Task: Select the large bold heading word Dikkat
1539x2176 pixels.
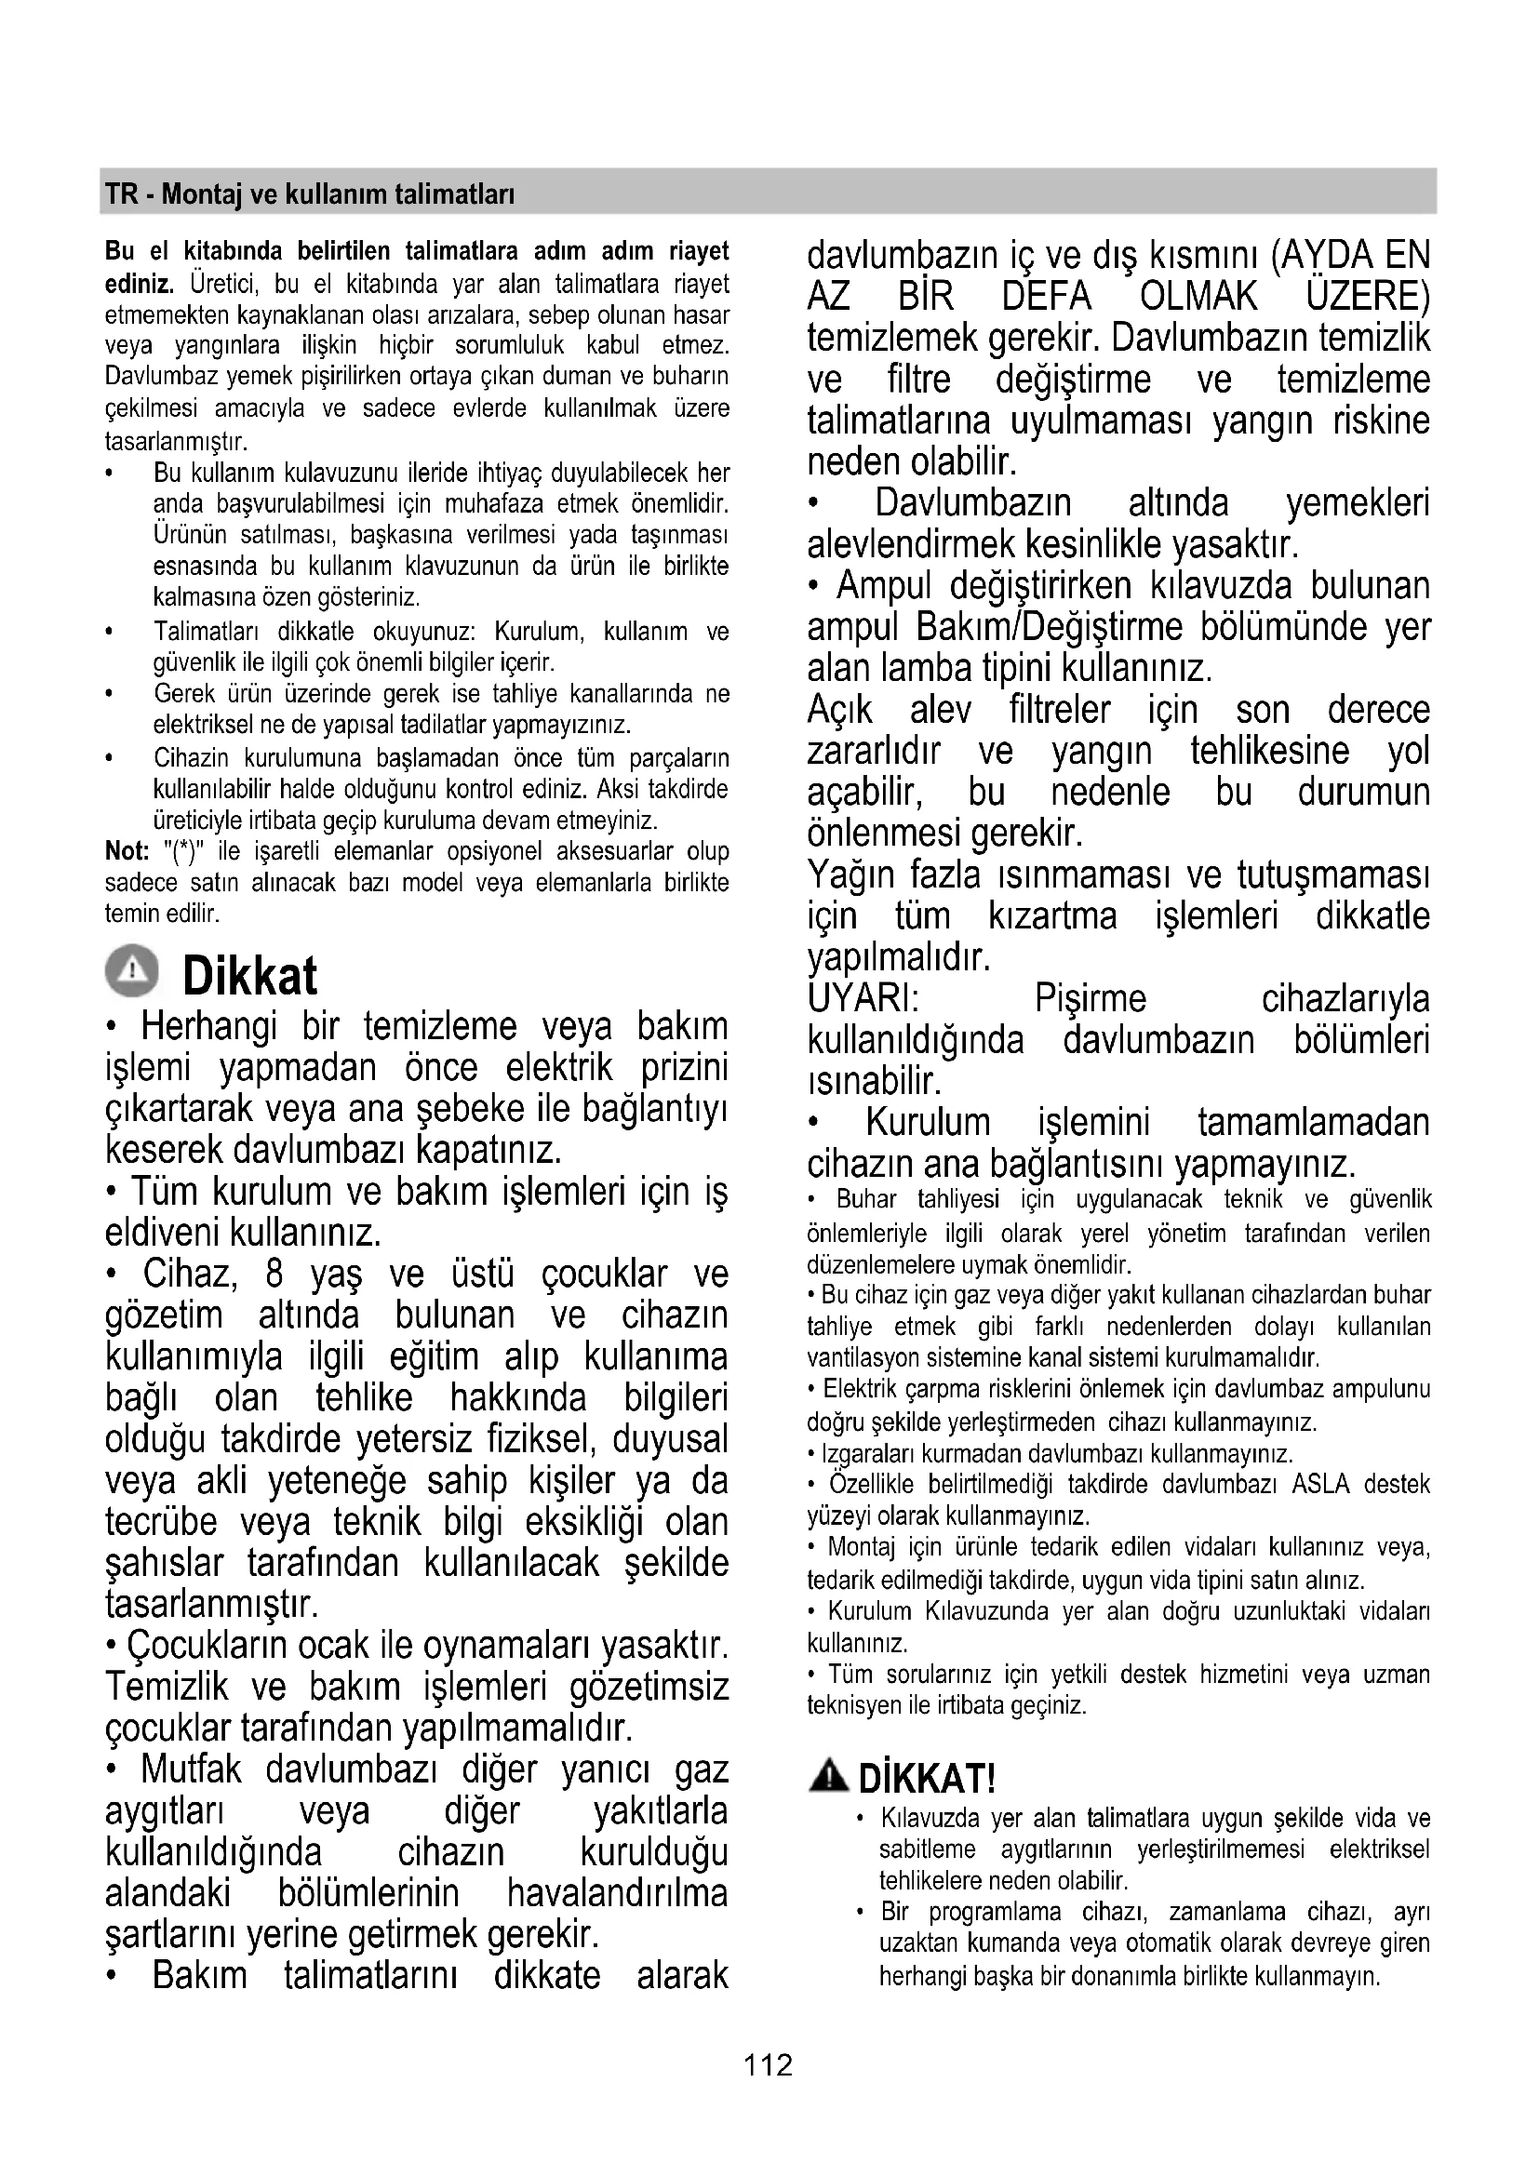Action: [249, 976]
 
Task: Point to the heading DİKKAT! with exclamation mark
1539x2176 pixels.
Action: [926, 1779]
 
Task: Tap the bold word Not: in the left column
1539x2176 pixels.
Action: [126, 851]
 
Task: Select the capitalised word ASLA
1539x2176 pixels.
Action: [1320, 1483]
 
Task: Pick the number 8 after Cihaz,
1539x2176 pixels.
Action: [274, 1274]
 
